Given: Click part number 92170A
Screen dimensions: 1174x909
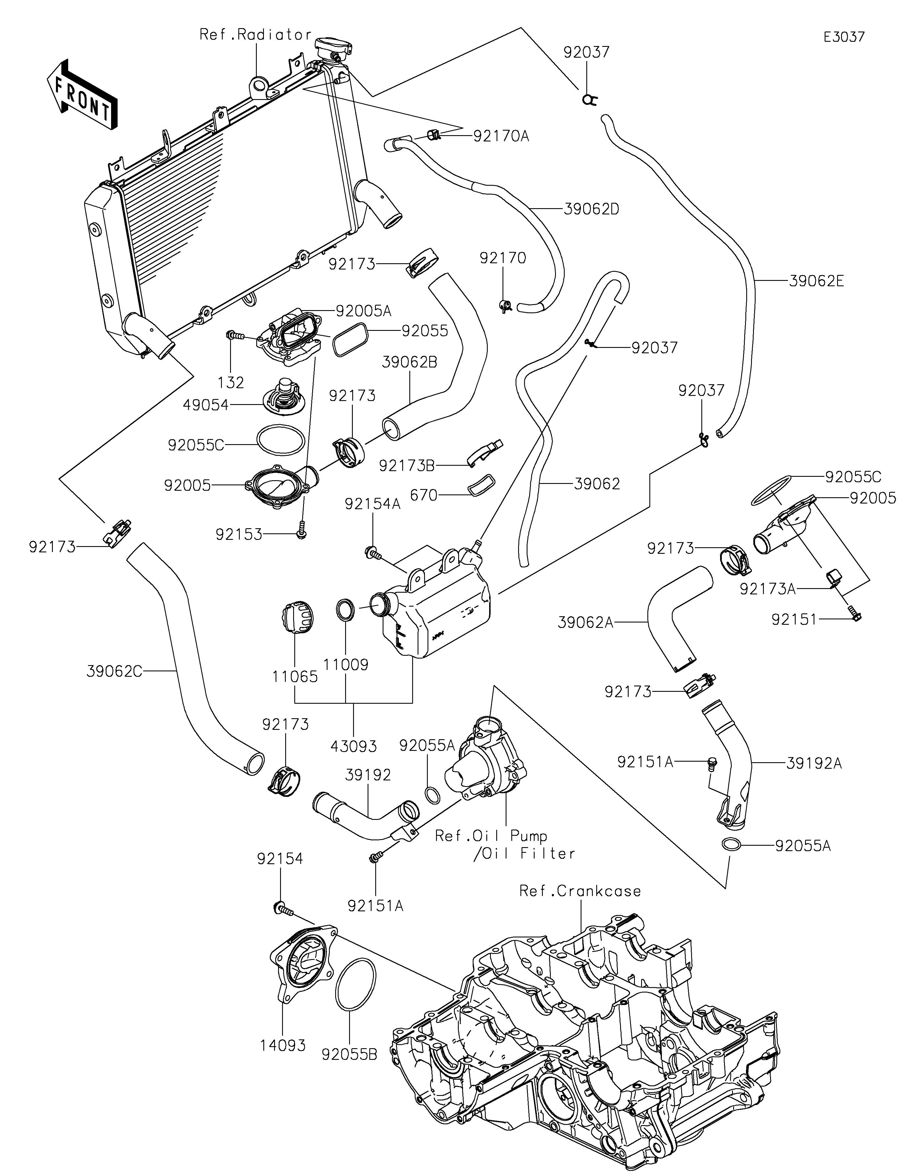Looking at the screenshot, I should pyautogui.click(x=501, y=137).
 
